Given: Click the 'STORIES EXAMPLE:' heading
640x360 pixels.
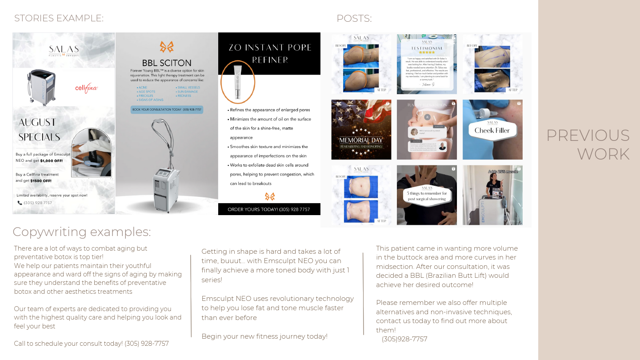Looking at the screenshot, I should coord(59,18).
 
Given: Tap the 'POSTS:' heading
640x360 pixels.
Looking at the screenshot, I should coord(354,19).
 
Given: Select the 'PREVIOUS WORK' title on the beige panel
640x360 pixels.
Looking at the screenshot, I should coord(588,144).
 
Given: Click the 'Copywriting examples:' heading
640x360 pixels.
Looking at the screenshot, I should coord(82,232).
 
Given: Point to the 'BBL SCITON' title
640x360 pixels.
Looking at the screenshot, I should coord(167,63).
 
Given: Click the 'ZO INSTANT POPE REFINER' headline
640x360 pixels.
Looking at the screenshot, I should coord(270,53).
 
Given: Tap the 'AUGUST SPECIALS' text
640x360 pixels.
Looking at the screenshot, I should coord(39,129).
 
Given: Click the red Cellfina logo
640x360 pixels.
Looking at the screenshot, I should coord(86,88).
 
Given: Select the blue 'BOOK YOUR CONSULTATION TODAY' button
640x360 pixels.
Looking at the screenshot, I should coord(167,109).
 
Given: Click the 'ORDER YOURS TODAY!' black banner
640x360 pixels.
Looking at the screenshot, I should coord(269,209).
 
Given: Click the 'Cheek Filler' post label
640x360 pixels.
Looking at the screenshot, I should coord(492,130).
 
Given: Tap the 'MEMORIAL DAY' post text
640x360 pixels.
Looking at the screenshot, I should coord(361,140).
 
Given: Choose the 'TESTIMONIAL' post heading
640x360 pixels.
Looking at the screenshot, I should coord(427,48).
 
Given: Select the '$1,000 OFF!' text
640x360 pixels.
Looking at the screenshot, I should coord(52,160).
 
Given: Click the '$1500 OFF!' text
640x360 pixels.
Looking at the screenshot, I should coord(40,181).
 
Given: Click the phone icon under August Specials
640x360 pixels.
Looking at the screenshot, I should coord(20,203).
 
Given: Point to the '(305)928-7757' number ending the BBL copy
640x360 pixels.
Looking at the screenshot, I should coord(404,339).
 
